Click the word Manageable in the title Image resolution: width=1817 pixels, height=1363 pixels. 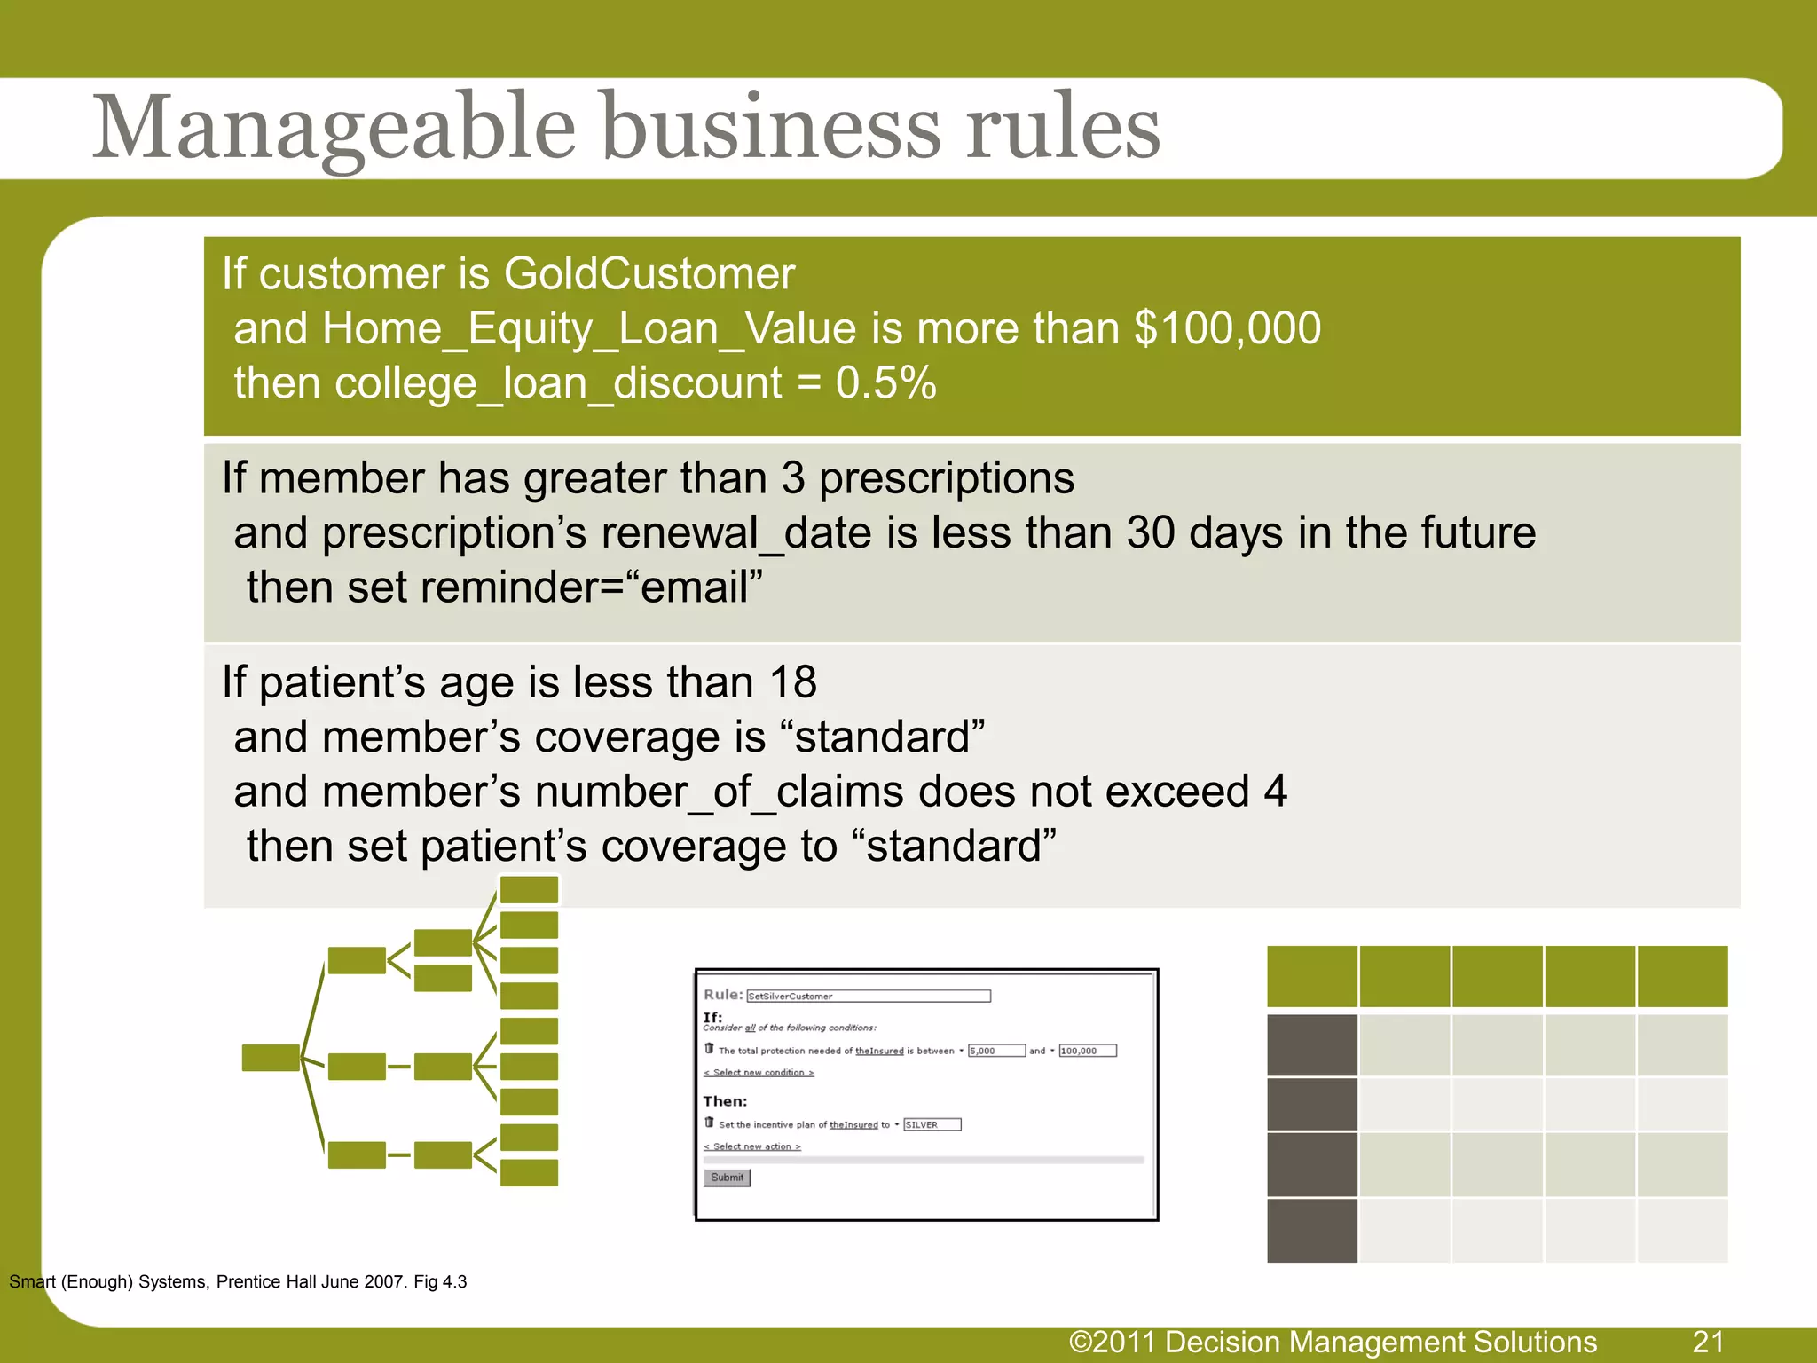[x=334, y=129]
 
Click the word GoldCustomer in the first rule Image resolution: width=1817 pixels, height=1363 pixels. [x=649, y=273]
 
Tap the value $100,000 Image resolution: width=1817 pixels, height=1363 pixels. [x=1228, y=328]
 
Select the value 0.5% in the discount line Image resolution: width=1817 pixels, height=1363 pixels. [x=885, y=383]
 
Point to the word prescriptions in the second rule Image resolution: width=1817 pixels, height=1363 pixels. [x=946, y=478]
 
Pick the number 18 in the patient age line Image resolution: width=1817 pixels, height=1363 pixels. [x=792, y=682]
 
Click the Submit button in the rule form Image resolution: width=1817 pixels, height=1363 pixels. [x=727, y=1178]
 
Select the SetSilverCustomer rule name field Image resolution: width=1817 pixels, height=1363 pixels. [x=868, y=996]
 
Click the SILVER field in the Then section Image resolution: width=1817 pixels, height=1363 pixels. [x=932, y=1124]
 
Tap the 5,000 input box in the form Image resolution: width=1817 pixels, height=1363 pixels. [x=995, y=1051]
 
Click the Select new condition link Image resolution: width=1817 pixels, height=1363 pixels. [x=759, y=1073]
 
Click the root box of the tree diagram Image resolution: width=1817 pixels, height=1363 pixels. [x=271, y=1058]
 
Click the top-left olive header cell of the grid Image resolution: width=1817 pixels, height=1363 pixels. [x=1311, y=976]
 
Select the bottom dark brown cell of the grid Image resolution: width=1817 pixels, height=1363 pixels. [x=1311, y=1230]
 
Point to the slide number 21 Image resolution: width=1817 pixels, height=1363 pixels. [x=1708, y=1342]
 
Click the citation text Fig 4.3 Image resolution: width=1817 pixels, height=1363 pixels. [x=440, y=1281]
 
